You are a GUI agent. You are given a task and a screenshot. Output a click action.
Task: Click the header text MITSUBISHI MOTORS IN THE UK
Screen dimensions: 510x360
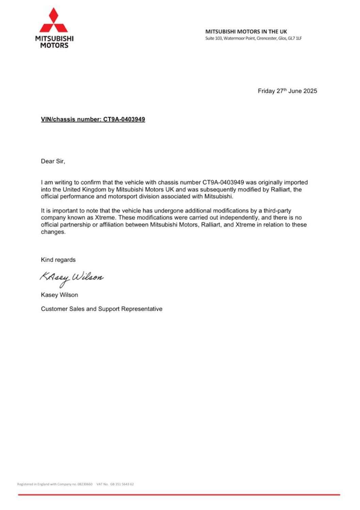pos(246,31)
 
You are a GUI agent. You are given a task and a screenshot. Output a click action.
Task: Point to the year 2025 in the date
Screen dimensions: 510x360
pos(310,91)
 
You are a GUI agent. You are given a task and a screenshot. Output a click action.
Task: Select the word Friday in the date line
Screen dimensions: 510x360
pos(266,91)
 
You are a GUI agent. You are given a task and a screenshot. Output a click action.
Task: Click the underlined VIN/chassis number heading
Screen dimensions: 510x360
pos(93,119)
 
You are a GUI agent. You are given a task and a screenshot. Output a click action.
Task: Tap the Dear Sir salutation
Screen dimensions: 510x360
pos(53,161)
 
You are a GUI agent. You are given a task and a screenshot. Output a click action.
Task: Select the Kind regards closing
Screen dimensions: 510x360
pos(58,260)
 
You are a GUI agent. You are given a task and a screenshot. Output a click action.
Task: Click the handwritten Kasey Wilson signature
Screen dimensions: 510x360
pos(71,277)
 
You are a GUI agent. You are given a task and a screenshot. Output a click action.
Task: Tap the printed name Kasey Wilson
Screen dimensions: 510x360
pos(59,295)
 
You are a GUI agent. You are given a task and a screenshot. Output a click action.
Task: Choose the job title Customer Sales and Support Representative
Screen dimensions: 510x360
pos(101,309)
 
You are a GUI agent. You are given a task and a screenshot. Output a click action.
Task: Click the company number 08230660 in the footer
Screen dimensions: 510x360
pos(85,484)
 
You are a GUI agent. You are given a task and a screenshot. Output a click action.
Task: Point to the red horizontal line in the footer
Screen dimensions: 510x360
pos(179,495)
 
